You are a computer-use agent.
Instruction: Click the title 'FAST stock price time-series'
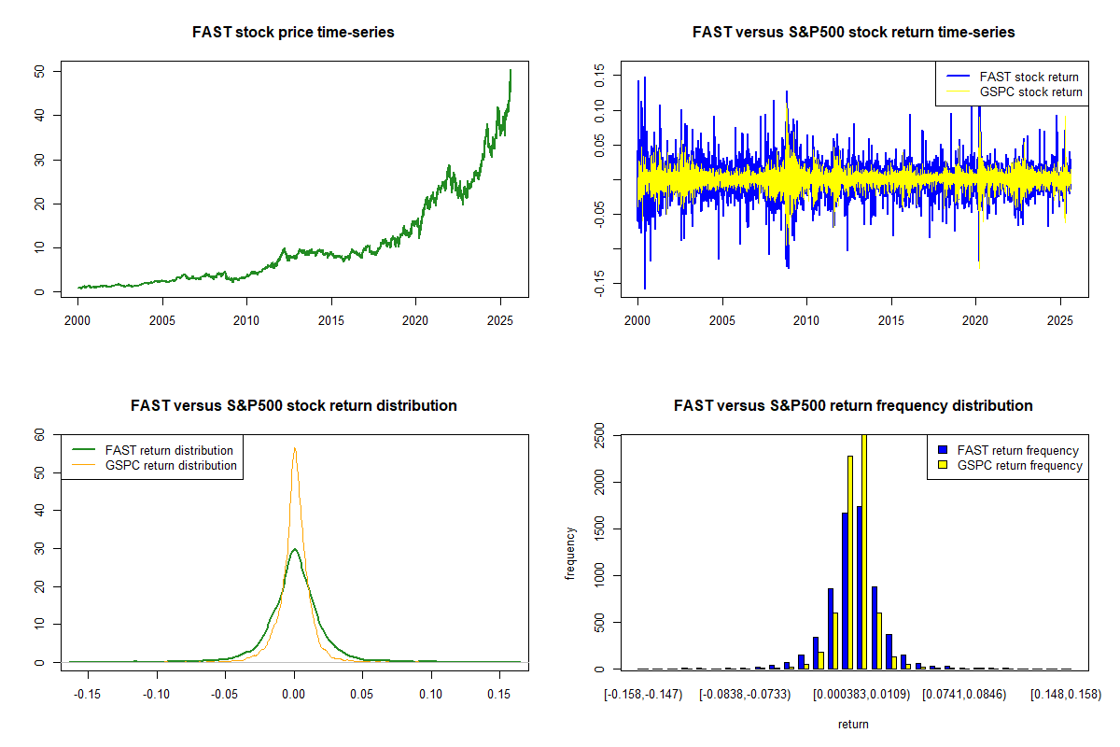tap(293, 33)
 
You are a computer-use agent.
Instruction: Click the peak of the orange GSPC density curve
tap(295, 448)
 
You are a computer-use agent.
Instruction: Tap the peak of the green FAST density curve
tap(295, 549)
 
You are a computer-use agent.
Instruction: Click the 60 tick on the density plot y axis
tap(38, 434)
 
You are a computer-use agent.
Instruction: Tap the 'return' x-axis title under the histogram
tap(853, 724)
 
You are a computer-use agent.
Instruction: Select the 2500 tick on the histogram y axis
tap(598, 436)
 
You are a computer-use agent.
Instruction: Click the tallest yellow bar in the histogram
tap(863, 551)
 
